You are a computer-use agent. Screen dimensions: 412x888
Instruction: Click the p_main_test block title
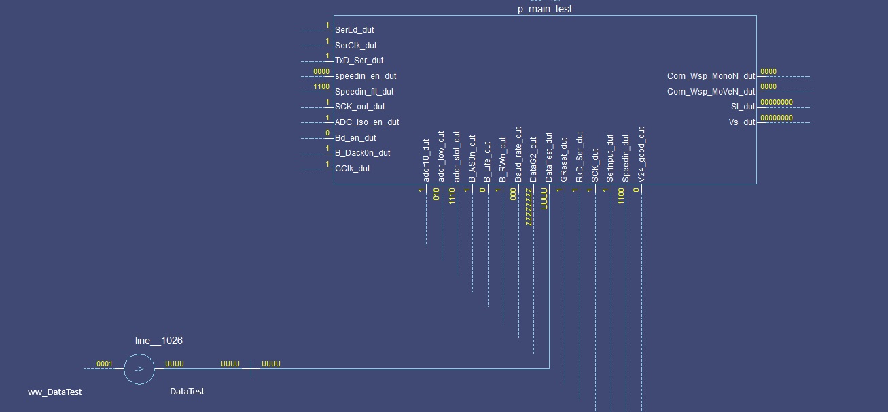point(544,10)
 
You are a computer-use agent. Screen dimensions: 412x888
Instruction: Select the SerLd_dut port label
point(354,30)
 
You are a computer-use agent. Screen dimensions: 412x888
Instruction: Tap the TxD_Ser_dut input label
point(359,61)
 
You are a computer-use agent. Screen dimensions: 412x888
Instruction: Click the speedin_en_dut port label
point(366,76)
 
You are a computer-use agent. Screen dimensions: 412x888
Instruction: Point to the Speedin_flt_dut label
point(364,92)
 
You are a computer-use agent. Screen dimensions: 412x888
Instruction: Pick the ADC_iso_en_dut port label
point(367,122)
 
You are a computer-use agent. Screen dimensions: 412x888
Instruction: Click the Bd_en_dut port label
point(355,138)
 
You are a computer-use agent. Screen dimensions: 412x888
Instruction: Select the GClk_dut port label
point(353,169)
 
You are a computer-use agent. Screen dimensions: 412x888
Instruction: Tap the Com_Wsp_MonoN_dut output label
point(711,76)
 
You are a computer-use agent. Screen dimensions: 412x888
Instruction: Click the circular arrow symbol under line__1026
point(139,369)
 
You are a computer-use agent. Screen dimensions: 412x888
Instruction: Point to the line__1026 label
point(158,341)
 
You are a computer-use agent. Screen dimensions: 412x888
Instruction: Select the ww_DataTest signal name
point(54,392)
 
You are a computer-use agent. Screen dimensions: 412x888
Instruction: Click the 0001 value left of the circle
point(104,364)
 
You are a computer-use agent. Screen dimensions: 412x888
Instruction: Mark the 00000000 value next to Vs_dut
point(776,118)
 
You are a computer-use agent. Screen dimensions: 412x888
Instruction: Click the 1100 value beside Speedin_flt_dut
point(321,87)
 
